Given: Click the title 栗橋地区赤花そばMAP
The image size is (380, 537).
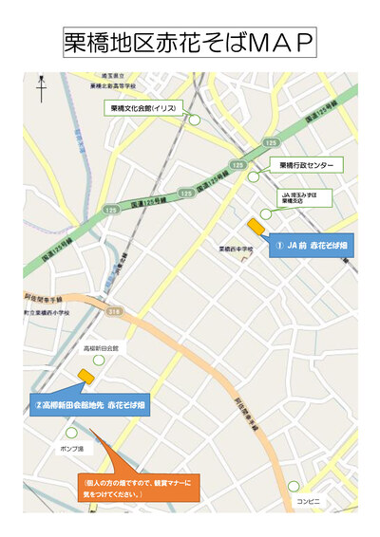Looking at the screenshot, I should point(189,42).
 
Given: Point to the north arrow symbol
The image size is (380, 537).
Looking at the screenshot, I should point(41,87).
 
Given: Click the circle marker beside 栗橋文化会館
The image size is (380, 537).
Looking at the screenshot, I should point(195,120).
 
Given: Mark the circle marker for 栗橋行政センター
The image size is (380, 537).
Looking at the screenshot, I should point(254,176).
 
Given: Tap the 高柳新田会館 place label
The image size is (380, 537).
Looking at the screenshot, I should point(101,348).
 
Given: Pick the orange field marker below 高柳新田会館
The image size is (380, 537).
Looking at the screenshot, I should point(86,376).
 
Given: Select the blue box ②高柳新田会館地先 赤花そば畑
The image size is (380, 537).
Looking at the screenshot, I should point(90,405).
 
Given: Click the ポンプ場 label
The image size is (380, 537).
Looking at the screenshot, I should point(72,447).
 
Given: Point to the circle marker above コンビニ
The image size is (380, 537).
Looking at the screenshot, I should point(294,486).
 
